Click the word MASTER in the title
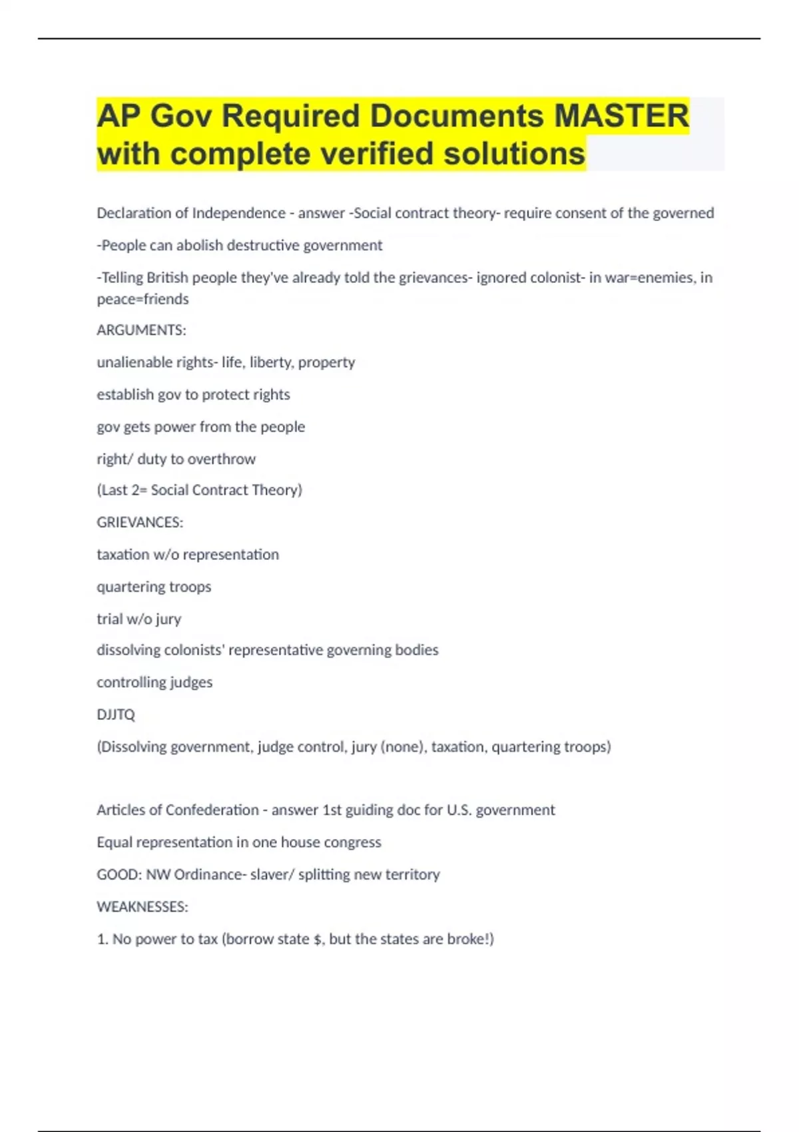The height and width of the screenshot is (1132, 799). coord(621,116)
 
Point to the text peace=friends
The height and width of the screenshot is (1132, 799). coord(142,299)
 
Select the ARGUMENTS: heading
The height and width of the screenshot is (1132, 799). coord(141,330)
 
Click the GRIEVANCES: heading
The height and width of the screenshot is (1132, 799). coord(140,522)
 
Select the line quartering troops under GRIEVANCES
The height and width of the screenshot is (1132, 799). coord(154,587)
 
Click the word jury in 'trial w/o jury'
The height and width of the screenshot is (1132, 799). coord(168,619)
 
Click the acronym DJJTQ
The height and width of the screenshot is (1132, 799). coord(116,714)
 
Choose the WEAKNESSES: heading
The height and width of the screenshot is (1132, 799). coord(142,907)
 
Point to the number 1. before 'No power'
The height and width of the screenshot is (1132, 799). coord(102,939)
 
